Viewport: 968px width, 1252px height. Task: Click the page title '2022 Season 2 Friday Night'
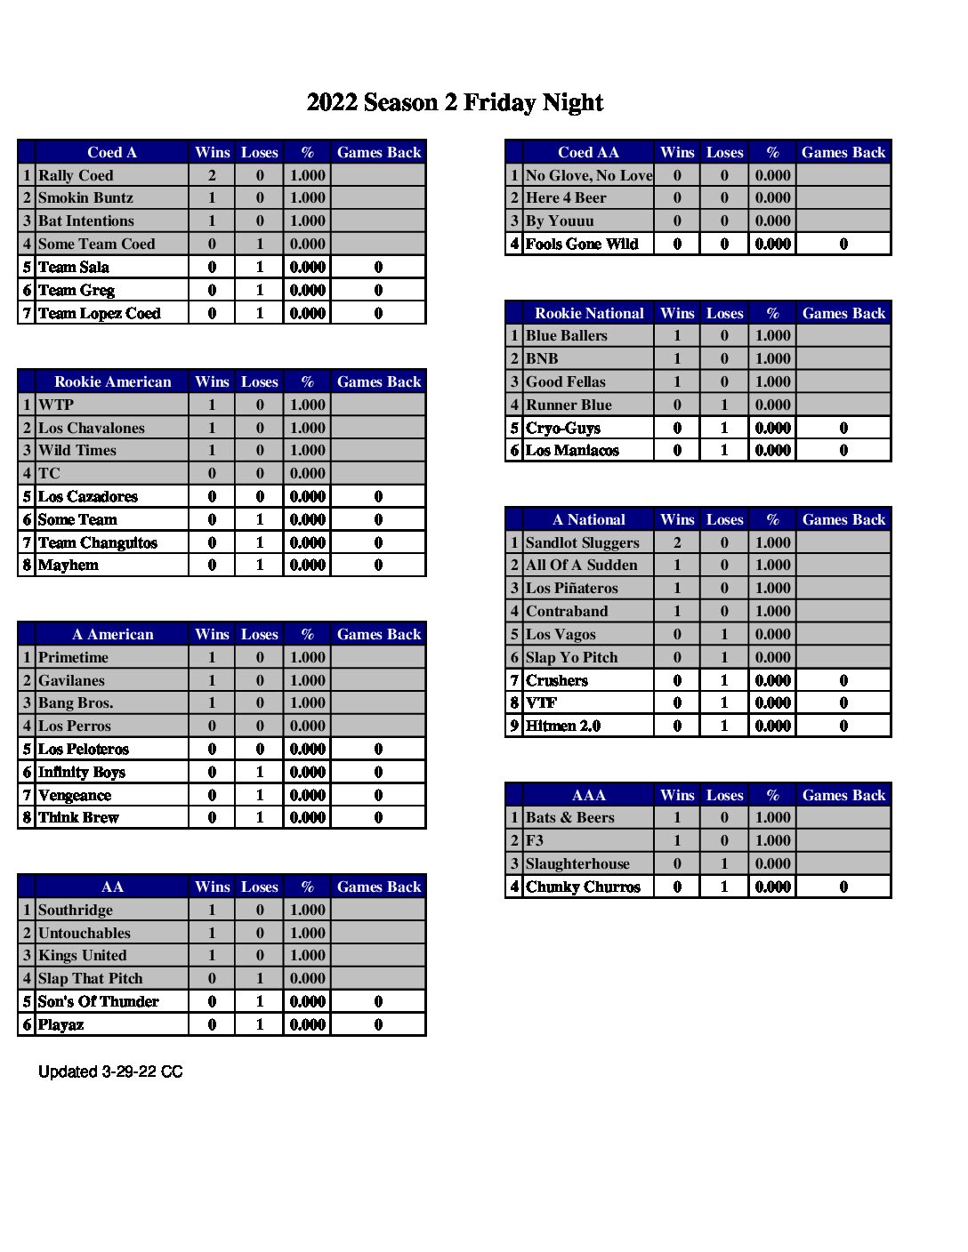point(455,103)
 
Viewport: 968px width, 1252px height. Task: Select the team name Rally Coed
point(76,175)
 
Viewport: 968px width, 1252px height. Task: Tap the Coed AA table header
point(588,152)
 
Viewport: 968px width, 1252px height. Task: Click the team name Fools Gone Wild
point(582,244)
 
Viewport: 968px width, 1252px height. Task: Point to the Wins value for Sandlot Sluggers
point(677,542)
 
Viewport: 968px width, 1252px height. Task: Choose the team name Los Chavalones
point(91,428)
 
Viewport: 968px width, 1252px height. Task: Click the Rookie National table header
point(589,313)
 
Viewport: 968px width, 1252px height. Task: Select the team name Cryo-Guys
point(563,428)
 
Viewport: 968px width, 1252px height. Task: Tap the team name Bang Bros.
point(76,702)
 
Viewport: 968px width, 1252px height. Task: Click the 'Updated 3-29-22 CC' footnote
point(110,1071)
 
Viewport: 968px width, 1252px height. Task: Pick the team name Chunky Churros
point(583,887)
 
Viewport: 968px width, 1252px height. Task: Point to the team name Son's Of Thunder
point(98,1001)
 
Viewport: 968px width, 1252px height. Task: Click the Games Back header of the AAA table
point(843,795)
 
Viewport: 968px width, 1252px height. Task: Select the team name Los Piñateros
point(572,588)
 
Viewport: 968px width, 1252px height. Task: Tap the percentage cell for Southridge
point(307,910)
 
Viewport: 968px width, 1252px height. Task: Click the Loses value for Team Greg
point(260,290)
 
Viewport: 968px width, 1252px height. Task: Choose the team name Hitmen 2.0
point(563,726)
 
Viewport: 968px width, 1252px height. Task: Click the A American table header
point(112,634)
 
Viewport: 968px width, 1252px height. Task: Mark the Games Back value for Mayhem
point(378,565)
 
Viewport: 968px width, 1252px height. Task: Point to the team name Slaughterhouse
point(577,863)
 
